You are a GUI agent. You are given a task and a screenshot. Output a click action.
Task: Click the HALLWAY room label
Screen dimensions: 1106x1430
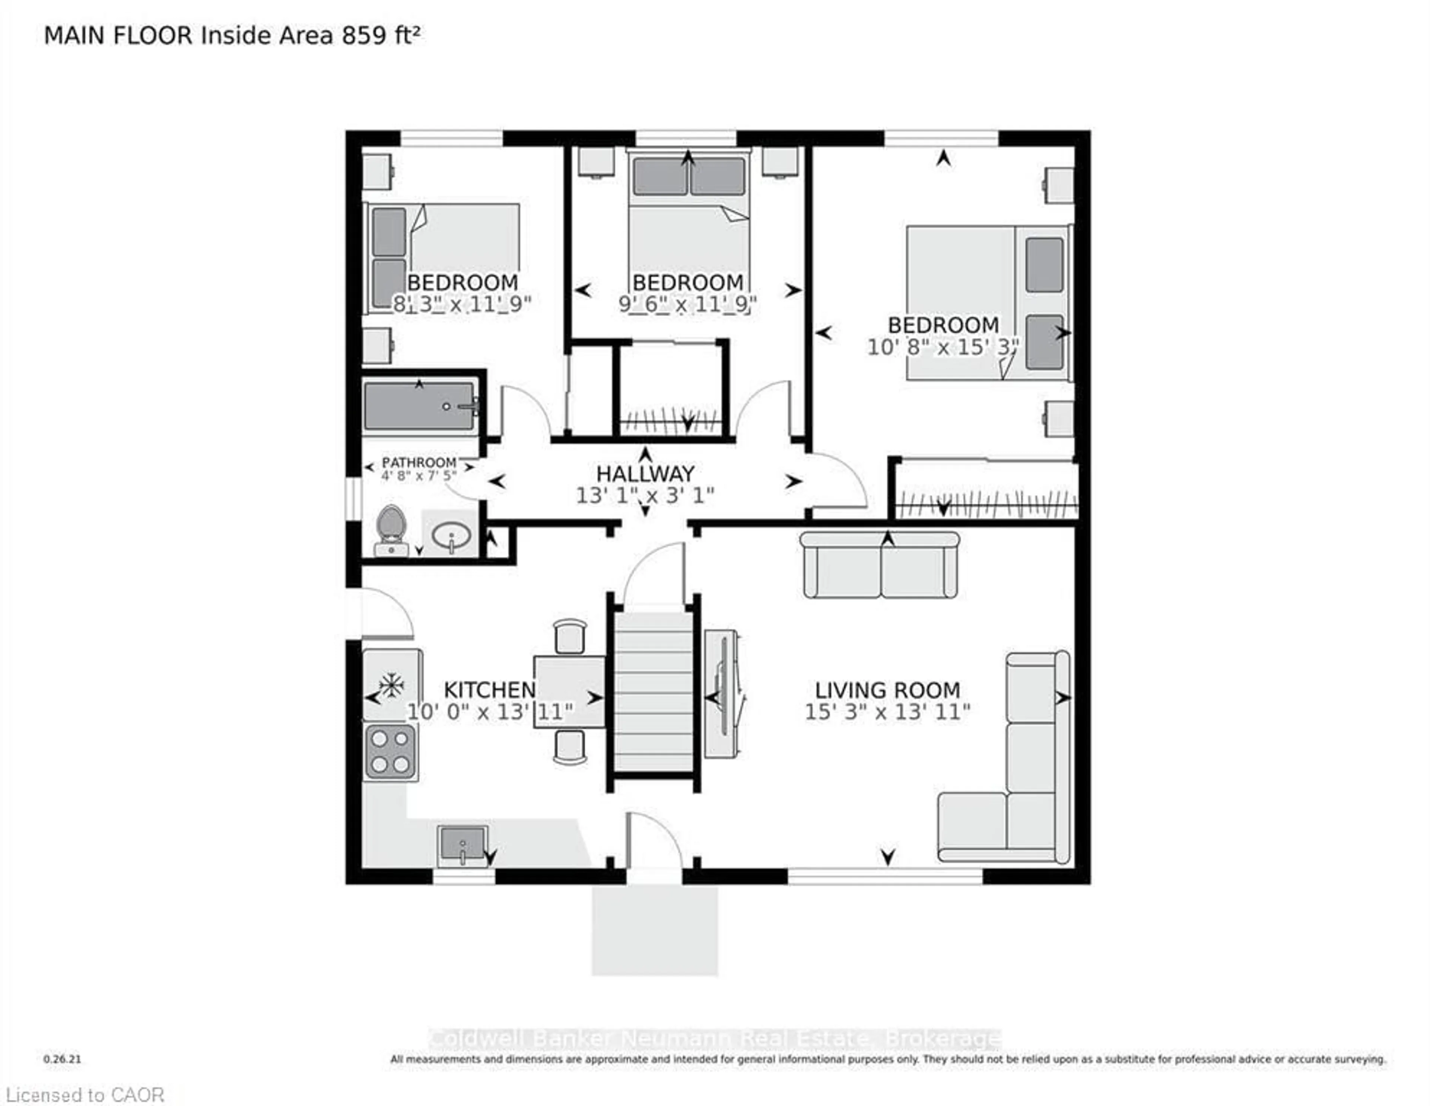[645, 473]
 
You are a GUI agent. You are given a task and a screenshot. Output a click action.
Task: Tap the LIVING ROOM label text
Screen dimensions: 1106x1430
[887, 690]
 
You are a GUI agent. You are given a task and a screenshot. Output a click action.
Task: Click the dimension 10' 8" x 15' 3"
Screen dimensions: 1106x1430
[943, 347]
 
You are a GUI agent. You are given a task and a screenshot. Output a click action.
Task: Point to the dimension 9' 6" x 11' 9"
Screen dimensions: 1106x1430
[687, 305]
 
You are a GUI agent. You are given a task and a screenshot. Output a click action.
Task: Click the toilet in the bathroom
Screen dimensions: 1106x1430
[391, 529]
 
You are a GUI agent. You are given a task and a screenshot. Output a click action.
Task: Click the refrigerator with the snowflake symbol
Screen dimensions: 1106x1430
[391, 684]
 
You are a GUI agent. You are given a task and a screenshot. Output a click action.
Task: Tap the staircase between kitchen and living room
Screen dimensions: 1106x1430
[653, 694]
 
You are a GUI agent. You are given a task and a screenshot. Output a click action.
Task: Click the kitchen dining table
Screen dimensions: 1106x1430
[569, 692]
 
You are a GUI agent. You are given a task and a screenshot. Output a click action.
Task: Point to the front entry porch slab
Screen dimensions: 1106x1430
[655, 930]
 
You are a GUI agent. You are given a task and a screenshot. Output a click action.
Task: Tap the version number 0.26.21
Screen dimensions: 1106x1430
[62, 1059]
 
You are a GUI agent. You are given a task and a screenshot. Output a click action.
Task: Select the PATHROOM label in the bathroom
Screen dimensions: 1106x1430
[419, 462]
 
